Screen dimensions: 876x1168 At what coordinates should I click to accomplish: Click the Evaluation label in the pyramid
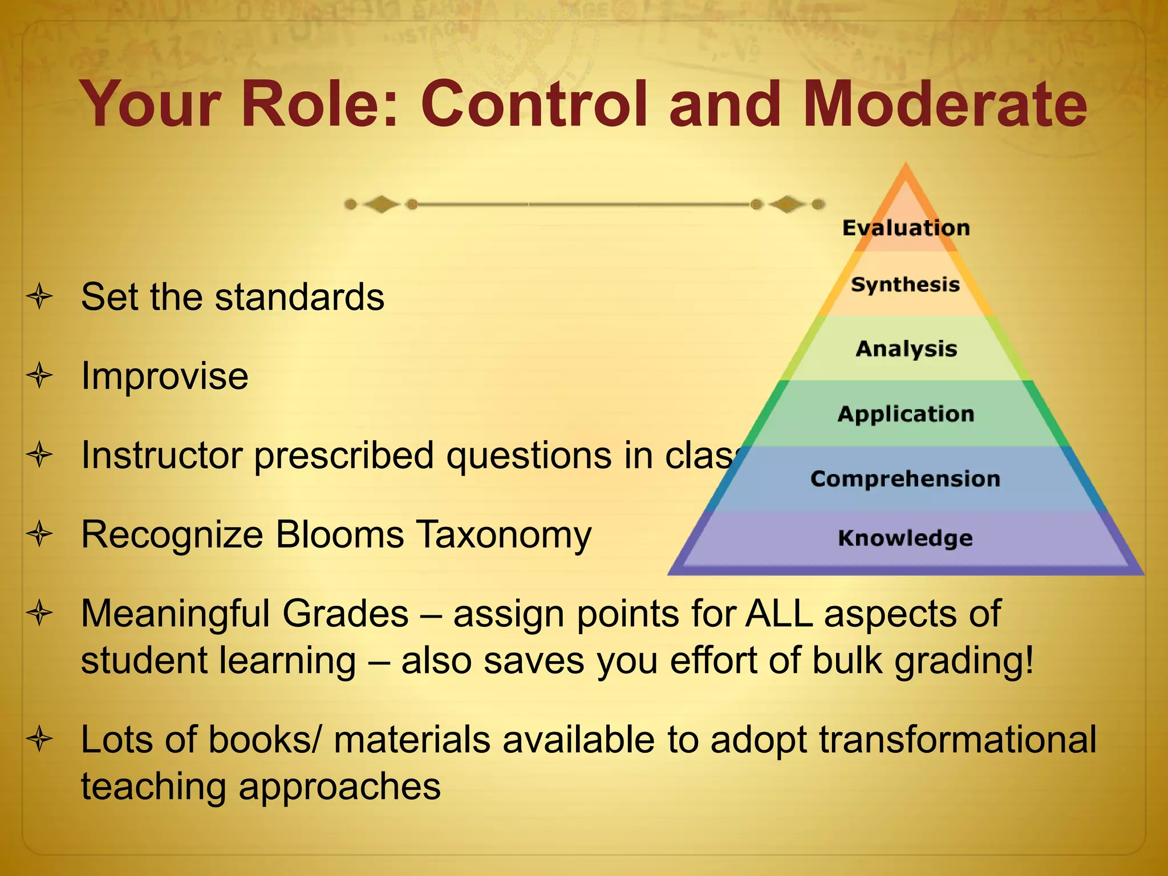coord(906,228)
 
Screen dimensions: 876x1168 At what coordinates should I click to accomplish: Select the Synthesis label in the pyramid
coord(905,285)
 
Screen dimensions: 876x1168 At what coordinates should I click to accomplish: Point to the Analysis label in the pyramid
coord(906,349)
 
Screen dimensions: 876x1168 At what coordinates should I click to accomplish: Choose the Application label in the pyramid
coord(906,414)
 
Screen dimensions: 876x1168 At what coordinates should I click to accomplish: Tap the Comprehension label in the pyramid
coord(905,479)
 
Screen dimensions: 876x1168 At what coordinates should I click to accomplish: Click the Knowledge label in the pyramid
coord(905,538)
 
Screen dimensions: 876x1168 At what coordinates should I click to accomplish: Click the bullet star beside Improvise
coord(39,376)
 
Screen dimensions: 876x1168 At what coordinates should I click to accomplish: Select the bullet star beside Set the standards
coord(39,297)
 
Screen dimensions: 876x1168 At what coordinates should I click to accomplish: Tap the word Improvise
coord(164,376)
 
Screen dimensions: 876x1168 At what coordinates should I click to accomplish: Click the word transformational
coord(958,740)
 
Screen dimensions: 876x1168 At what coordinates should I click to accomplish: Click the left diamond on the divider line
coord(381,204)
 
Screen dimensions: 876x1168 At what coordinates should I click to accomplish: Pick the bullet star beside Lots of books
coord(39,739)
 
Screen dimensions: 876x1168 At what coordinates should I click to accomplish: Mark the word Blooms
coord(339,535)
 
